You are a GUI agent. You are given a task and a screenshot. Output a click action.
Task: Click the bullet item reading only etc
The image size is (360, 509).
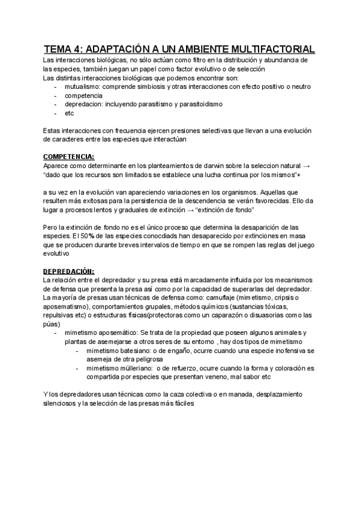coord(69,113)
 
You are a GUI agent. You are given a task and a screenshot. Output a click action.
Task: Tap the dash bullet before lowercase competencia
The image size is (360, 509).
coord(55,95)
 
